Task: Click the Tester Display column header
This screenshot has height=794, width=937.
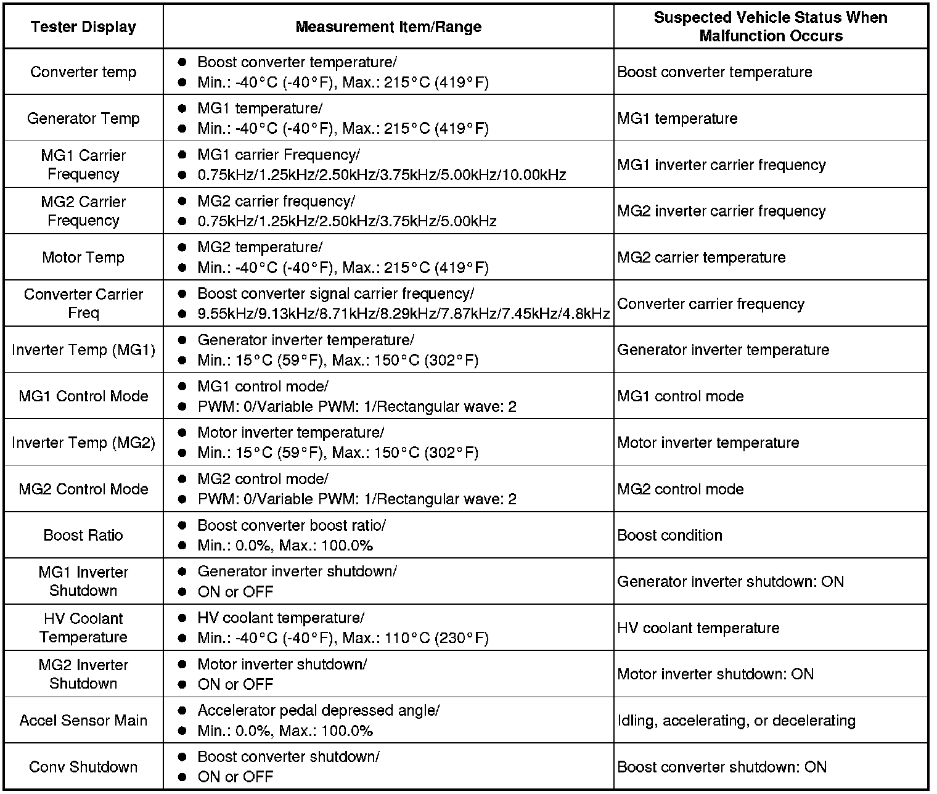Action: click(x=83, y=27)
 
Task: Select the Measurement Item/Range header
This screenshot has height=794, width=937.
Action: click(x=388, y=27)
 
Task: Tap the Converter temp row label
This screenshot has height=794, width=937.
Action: click(x=83, y=72)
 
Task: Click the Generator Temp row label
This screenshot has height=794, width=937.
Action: click(x=83, y=118)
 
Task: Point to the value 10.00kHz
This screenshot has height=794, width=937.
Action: click(x=534, y=175)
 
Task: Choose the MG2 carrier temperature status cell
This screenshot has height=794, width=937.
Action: click(x=702, y=257)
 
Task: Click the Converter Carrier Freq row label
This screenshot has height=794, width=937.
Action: click(x=83, y=303)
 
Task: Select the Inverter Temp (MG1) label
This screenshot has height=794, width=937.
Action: click(x=83, y=350)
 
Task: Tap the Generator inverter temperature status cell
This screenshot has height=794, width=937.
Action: click(x=723, y=350)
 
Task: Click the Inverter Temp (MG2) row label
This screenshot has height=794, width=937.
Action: click(x=83, y=443)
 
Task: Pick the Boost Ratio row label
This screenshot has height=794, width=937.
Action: click(x=83, y=535)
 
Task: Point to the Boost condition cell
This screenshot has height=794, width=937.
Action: click(x=669, y=535)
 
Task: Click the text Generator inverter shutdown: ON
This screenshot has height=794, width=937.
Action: click(x=730, y=581)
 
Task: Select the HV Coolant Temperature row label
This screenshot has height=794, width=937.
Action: click(x=83, y=628)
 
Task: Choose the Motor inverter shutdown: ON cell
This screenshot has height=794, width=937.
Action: click(x=715, y=674)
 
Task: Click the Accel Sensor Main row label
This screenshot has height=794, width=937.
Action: click(x=83, y=721)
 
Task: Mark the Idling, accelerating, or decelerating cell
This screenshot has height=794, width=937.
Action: click(x=736, y=721)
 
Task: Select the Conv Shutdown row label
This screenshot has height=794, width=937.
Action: click(x=83, y=767)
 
